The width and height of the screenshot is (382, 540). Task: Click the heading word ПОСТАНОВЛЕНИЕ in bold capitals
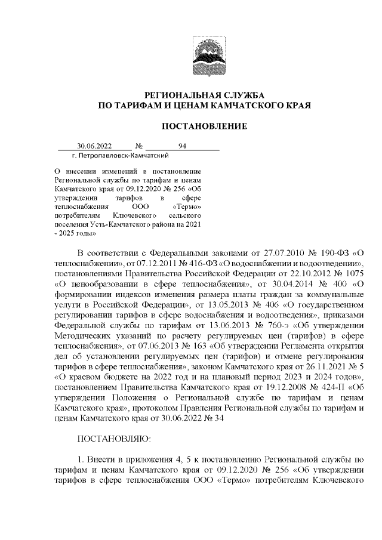[205, 126]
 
